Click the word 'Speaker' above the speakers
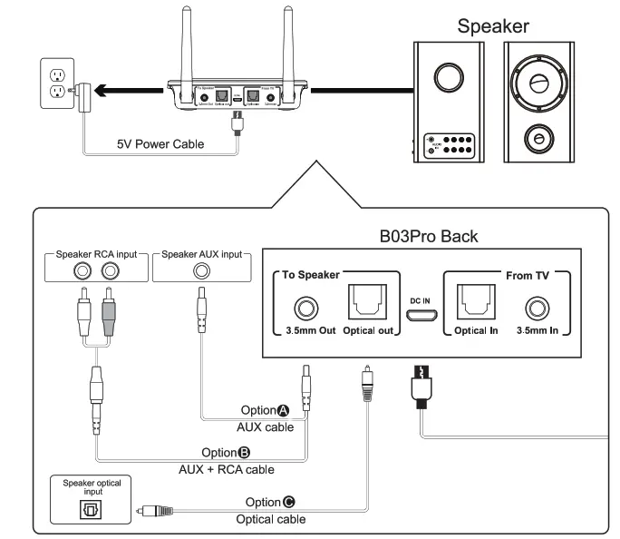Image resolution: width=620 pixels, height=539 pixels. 492,25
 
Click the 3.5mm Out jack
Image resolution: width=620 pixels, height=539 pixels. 306,309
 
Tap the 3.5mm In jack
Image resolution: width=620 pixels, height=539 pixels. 538,309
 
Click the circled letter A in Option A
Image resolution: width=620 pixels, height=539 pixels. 285,411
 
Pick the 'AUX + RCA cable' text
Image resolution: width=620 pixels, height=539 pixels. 228,469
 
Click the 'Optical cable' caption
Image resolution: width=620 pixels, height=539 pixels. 270,519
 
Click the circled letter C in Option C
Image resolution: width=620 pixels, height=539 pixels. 289,502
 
